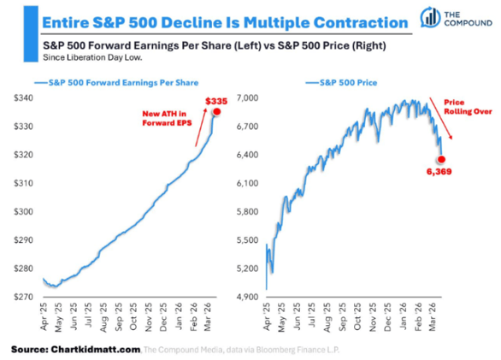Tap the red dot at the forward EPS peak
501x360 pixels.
(x=217, y=112)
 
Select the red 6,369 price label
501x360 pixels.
(x=439, y=172)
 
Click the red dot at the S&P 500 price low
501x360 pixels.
(x=441, y=159)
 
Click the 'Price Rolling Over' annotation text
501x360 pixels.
(x=462, y=105)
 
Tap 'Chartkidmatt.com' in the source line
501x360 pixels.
(x=97, y=349)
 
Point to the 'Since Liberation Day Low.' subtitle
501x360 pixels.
(x=92, y=57)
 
